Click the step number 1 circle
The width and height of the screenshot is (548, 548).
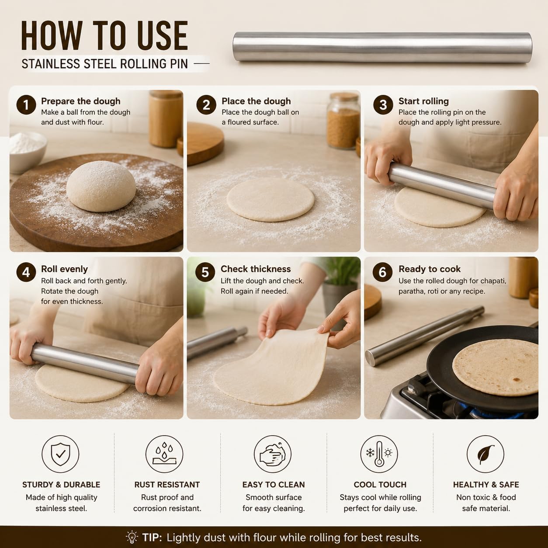(26, 105)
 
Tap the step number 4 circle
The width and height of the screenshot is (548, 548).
(26, 272)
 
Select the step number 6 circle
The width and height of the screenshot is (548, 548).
(382, 272)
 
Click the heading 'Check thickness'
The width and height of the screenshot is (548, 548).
(256, 269)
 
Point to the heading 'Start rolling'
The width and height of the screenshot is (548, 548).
(423, 101)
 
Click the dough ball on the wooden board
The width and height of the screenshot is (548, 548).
(101, 186)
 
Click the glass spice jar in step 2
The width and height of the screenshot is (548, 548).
(343, 121)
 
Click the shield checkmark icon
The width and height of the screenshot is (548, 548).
(60, 454)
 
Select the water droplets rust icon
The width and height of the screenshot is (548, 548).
(164, 454)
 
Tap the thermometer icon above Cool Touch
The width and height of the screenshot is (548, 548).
(379, 454)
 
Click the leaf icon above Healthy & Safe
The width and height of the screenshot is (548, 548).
(486, 454)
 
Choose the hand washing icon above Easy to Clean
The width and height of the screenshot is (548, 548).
(272, 454)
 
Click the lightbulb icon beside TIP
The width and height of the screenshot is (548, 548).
(132, 537)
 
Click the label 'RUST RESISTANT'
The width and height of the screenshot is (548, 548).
(167, 485)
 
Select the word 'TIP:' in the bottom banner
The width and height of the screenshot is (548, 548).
(152, 538)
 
